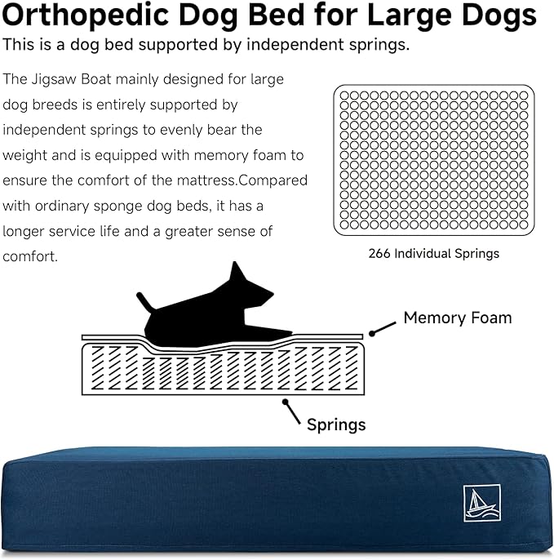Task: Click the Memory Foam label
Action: tap(457, 318)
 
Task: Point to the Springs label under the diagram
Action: tap(335, 424)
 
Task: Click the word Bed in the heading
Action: tap(278, 17)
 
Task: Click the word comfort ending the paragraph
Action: tap(29, 256)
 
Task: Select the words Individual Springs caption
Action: tap(446, 254)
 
